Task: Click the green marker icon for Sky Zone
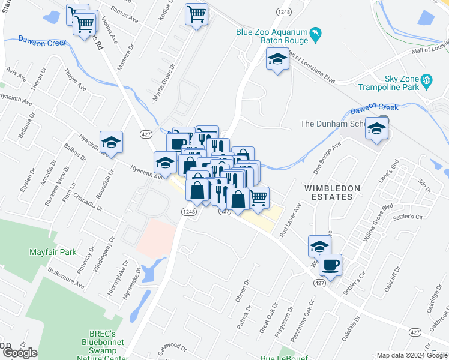pos(427,80)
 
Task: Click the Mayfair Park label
pos(53,252)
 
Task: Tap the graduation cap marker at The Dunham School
pos(377,129)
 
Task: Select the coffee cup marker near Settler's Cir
pos(330,264)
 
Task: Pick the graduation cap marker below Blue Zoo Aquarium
pos(277,59)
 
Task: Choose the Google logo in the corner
pos(20,353)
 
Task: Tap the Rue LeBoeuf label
pos(284,358)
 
